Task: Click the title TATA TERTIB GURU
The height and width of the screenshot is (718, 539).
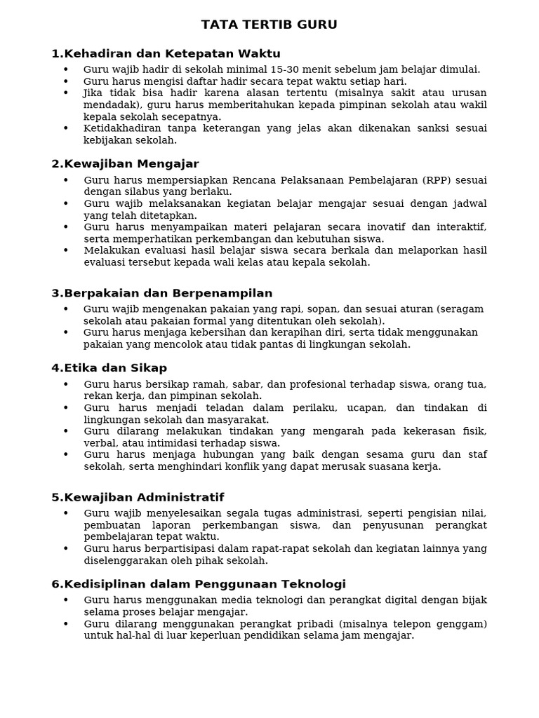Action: point(269,25)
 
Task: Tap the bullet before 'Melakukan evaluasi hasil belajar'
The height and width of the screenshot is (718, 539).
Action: point(66,250)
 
